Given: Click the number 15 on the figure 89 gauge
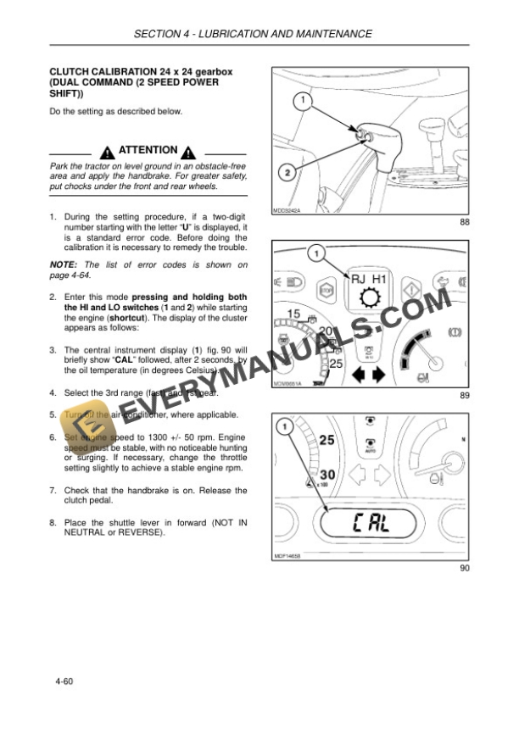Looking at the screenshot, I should tap(293, 314).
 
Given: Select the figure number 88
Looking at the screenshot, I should tap(464, 221).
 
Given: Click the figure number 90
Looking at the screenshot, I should tap(464, 568).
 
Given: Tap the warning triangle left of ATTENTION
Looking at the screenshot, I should tap(107, 153).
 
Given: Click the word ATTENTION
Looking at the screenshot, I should tap(148, 151).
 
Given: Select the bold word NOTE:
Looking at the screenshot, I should tap(64, 264).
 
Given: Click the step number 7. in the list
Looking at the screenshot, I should tap(53, 490).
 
